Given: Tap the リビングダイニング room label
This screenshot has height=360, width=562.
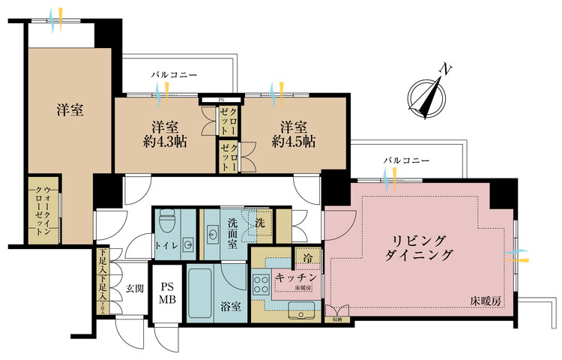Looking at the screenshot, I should coord(422,248).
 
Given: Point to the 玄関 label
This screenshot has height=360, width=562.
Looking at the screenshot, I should coord(133,287).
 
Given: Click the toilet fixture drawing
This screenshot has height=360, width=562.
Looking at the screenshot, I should coord(168,223).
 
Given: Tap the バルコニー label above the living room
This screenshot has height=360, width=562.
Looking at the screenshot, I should coord(407,160).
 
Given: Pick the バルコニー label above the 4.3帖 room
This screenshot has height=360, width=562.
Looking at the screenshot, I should coord(173,76).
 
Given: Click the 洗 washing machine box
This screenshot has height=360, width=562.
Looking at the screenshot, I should coord(260,222).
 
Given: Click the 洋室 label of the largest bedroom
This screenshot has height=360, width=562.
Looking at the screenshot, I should coord(69,109).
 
